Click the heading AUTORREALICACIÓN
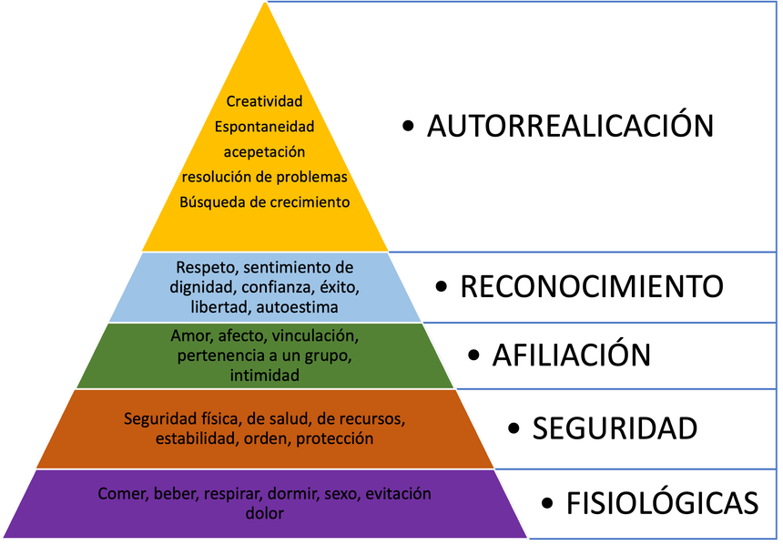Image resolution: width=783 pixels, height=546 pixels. point(570,126)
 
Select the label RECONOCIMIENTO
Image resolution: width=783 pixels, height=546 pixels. point(592,286)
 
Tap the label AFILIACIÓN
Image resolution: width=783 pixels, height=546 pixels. point(572,355)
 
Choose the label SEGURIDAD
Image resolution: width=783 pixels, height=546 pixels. point(615,428)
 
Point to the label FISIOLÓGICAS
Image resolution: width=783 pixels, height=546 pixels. point(662,502)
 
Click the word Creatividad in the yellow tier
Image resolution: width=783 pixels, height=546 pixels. point(264,101)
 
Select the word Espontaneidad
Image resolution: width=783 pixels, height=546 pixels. point(264,127)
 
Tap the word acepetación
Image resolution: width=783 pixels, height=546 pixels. point(264,152)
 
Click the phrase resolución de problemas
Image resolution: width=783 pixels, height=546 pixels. point(264,177)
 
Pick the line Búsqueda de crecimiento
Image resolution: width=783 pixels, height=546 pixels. point(264,202)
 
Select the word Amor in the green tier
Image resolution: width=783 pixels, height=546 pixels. point(188,335)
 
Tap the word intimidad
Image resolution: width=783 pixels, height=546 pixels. point(264,375)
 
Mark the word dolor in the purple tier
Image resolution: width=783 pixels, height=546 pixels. point(264,514)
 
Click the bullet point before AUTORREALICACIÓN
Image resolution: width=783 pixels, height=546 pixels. point(408,126)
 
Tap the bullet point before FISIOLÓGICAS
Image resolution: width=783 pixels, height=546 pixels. point(547,502)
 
